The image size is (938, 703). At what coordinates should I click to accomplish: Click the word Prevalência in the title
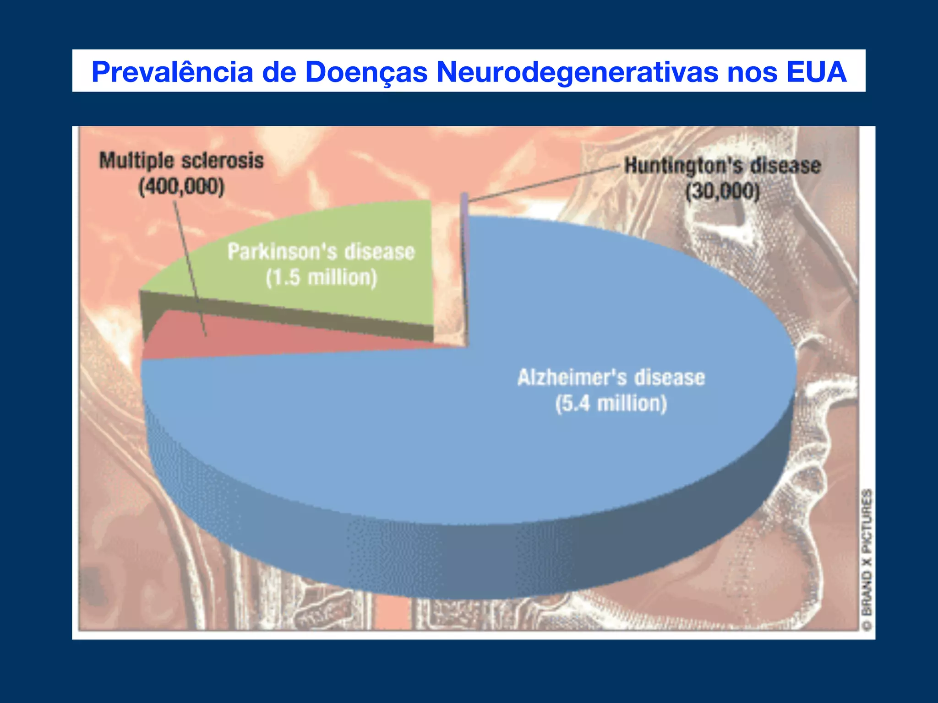(172, 72)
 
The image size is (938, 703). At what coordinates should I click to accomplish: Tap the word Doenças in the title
(366, 72)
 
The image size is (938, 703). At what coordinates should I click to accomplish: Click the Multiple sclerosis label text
(181, 161)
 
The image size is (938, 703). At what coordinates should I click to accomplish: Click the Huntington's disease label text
(723, 166)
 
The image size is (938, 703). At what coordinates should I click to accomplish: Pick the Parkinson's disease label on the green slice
(321, 252)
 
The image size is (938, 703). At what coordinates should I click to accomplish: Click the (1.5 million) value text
(321, 278)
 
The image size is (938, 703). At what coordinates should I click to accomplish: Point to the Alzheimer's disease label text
(611, 378)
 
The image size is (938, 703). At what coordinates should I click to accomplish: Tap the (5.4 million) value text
(611, 404)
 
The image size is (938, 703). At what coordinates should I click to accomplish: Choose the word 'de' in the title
(279, 72)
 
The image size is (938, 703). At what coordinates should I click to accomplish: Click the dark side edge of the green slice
(293, 316)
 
